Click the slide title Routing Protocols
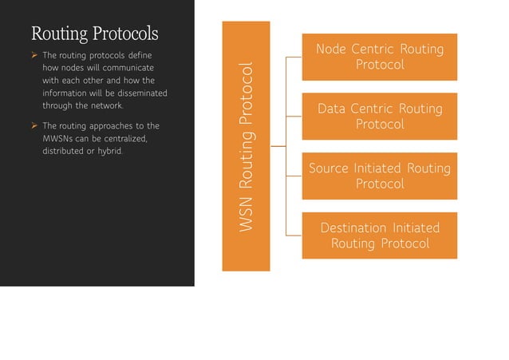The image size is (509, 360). (x=94, y=34)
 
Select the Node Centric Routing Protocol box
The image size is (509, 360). (x=379, y=57)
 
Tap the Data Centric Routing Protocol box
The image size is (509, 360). (x=379, y=116)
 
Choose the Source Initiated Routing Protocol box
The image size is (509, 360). (x=379, y=176)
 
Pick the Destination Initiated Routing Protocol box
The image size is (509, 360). (x=379, y=235)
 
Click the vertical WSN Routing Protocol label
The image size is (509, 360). (x=246, y=147)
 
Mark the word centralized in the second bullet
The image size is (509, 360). (x=121, y=139)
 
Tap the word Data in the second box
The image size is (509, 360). (x=333, y=109)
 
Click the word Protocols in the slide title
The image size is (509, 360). (x=124, y=34)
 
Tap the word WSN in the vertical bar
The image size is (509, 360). (x=246, y=215)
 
